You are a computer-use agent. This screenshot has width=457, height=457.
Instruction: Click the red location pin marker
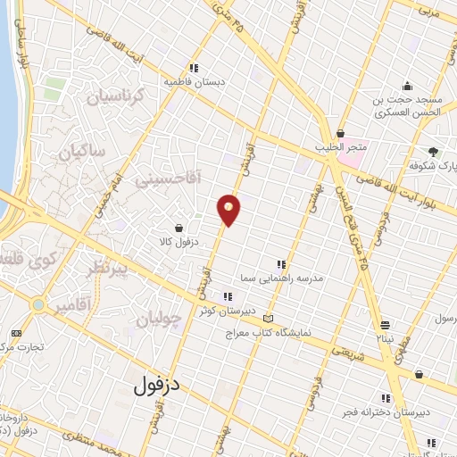coord(229,210)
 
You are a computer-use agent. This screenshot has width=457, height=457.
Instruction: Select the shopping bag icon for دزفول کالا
coord(179,228)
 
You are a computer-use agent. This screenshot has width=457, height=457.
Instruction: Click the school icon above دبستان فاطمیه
coord(194,68)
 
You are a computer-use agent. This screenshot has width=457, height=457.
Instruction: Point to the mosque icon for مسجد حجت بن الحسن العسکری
coord(407,87)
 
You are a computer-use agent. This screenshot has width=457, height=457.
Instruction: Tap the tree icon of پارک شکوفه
coord(433,153)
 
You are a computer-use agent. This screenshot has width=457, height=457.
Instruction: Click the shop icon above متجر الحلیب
coord(340,133)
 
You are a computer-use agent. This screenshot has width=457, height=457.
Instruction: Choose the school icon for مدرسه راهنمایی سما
coord(281,264)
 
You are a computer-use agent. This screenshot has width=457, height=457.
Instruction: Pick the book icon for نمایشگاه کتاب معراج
coord(269,318)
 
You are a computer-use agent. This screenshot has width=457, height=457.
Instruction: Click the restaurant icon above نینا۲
coord(385,325)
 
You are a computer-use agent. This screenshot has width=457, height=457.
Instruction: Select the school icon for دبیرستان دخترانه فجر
coord(386,398)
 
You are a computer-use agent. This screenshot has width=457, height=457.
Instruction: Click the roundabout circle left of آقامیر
coord(37,305)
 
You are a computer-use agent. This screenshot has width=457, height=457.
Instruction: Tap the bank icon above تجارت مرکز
coord(15,333)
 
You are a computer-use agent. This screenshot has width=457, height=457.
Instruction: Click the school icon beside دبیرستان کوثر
coord(228,296)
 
